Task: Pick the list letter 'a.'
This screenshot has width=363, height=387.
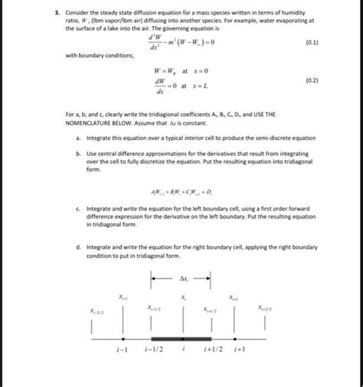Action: [79, 138]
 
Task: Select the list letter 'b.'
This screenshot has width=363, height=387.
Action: [79, 153]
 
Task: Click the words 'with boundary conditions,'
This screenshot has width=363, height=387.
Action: [99, 56]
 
